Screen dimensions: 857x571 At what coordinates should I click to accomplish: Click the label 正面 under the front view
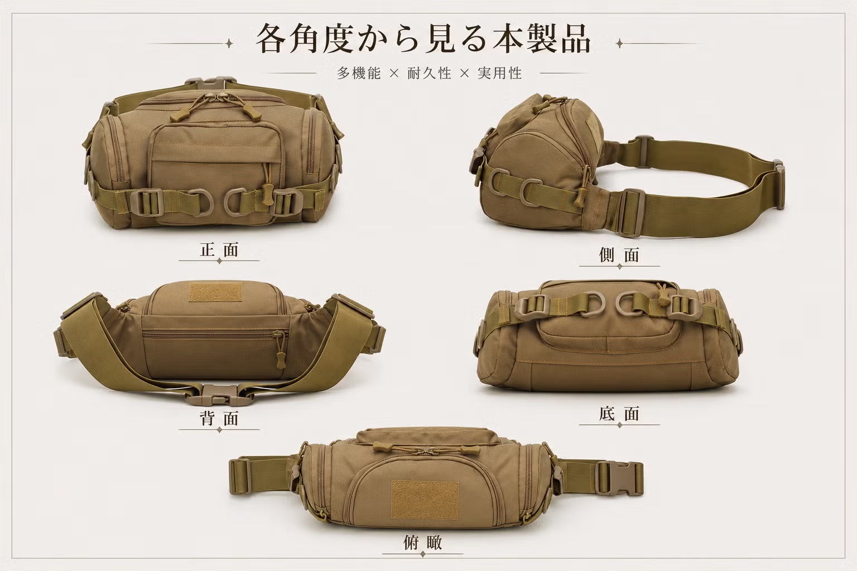point(219,250)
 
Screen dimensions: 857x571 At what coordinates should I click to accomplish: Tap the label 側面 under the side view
point(619,255)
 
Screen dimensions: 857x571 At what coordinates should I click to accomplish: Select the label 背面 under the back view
point(219,418)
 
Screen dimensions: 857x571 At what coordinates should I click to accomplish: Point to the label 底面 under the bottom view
point(619,414)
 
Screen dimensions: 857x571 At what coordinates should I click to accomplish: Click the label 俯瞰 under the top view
point(423,543)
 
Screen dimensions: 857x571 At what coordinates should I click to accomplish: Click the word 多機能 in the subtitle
point(359,73)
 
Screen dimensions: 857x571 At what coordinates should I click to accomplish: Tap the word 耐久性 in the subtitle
point(429,73)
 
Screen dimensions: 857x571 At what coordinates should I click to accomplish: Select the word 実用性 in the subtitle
point(500,73)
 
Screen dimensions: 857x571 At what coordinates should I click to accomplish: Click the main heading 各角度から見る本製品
point(423,40)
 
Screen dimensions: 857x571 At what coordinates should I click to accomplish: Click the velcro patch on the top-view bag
point(425,500)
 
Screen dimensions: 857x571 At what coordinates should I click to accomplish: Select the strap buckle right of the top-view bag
point(619,478)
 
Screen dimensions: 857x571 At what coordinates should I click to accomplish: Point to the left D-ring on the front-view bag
point(200,202)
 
